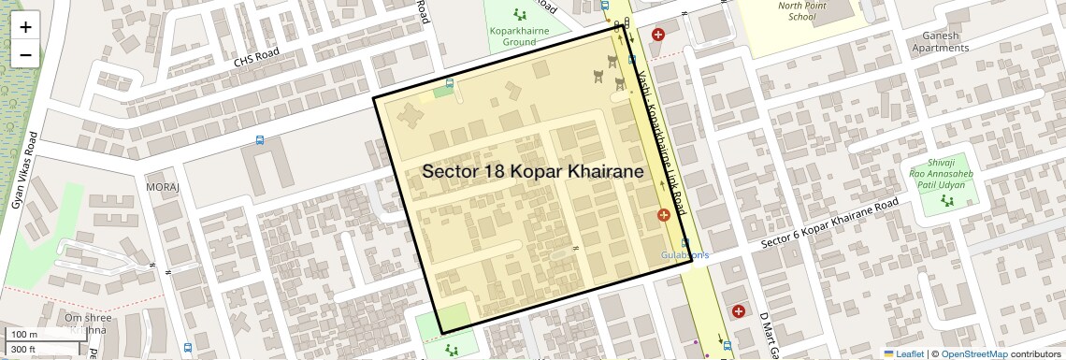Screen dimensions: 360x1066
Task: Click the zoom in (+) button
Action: point(25,27)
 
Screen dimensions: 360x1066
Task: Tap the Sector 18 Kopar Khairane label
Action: point(533,172)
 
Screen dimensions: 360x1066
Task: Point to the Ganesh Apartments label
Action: point(952,40)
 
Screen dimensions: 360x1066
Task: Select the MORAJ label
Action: point(162,187)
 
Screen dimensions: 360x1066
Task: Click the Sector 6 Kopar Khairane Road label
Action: point(829,223)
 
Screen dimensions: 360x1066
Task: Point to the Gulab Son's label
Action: point(686,254)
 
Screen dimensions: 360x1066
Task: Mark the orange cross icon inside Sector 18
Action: point(663,216)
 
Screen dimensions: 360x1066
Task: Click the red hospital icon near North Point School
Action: point(658,35)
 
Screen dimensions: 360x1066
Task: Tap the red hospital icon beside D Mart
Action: point(739,310)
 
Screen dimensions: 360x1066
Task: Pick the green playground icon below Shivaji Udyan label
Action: point(947,200)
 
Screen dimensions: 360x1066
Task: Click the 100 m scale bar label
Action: point(24,334)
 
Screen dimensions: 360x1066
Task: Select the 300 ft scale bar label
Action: point(24,350)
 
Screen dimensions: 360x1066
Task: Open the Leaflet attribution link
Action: point(903,353)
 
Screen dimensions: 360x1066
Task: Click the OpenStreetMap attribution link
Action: point(973,353)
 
